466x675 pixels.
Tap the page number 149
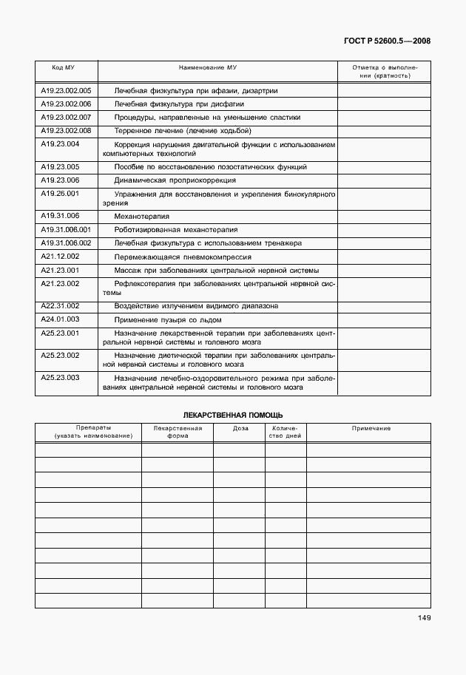coord(423,618)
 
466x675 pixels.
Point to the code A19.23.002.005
coord(65,91)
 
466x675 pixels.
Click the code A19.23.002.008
coord(65,130)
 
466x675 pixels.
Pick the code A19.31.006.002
coord(65,243)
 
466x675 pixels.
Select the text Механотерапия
coord(142,217)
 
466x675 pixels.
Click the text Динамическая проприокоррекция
coord(175,180)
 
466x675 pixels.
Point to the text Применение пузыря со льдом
coord(166,319)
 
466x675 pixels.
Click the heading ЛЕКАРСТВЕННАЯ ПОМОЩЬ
coord(233,415)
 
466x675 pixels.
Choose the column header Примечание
coord(371,429)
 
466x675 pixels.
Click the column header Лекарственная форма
coord(178,433)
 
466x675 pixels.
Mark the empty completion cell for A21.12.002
coord(384,257)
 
